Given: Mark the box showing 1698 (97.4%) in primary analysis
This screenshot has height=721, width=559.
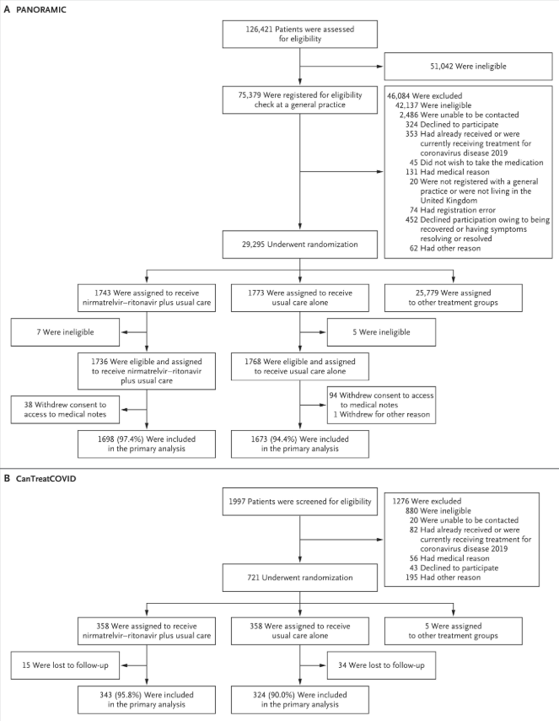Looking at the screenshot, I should pyautogui.click(x=148, y=445).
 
